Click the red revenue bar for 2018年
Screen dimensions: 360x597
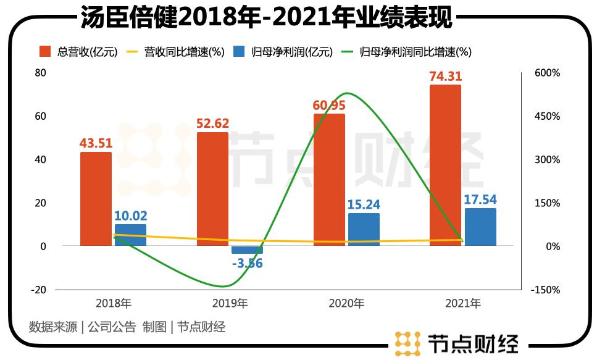pyautogui.click(x=96, y=199)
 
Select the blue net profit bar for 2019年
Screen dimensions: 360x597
pyautogui.click(x=247, y=250)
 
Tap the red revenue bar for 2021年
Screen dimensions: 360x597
pyautogui.click(x=445, y=165)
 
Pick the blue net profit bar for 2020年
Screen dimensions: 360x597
pyautogui.click(x=364, y=230)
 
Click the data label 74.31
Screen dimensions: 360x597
pyautogui.click(x=445, y=77)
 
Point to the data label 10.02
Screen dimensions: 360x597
pyautogui.click(x=130, y=216)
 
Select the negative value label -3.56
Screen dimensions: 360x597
pyautogui.click(x=247, y=263)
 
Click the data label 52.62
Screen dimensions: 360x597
pyautogui.click(x=212, y=123)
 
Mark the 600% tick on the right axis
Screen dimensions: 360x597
pyautogui.click(x=547, y=73)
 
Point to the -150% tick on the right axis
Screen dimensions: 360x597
pyautogui.click(x=546, y=290)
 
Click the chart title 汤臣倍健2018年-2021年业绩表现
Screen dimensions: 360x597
pyautogui.click(x=266, y=17)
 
